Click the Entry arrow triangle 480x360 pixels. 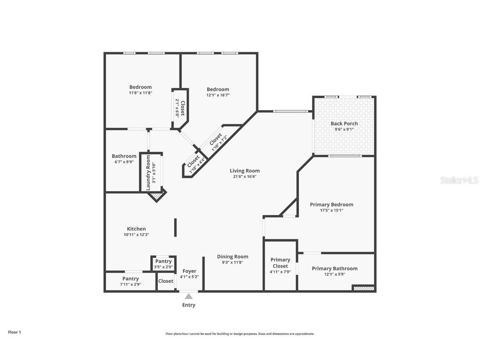189,296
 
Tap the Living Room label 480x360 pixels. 245,171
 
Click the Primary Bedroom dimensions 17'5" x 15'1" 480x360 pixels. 332,210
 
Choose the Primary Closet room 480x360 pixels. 280,265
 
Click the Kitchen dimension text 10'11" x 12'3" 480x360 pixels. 136,235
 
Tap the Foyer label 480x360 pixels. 190,271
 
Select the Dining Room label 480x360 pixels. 232,257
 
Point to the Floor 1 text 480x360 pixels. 14,332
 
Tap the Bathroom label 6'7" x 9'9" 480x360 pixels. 124,156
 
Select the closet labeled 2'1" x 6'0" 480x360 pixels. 180,107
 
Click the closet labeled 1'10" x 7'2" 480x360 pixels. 218,142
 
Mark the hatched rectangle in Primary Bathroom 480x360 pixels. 363,288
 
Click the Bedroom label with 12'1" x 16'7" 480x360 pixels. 218,89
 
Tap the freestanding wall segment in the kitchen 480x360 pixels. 175,227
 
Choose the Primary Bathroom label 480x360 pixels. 335,269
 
